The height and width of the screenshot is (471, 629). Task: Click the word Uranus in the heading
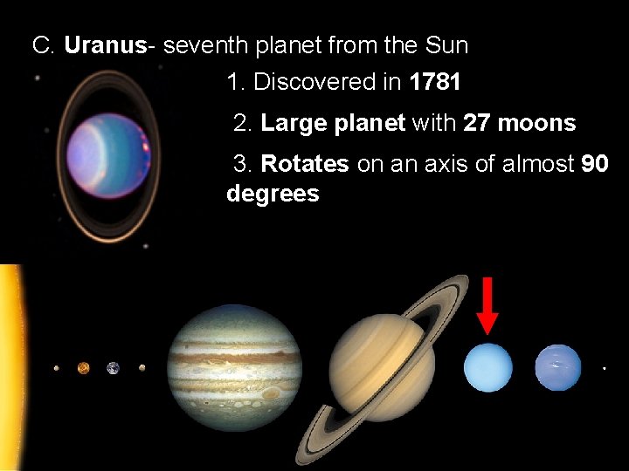tap(105, 45)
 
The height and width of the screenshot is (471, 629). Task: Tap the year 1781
tap(434, 83)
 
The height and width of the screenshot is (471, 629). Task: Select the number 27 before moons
tap(476, 123)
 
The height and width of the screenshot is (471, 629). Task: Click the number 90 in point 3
tap(594, 163)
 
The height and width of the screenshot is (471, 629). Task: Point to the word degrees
tap(273, 194)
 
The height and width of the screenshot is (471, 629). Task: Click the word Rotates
tap(305, 163)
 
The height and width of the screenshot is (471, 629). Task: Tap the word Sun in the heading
tap(447, 45)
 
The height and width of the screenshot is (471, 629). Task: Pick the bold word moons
tap(536, 123)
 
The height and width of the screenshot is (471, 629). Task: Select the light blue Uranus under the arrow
tap(487, 367)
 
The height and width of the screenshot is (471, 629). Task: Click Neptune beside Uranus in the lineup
tap(557, 367)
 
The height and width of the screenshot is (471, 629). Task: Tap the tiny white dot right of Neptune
tap(605, 369)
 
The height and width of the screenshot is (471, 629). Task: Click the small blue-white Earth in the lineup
tap(113, 368)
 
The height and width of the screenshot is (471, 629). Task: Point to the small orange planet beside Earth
tap(84, 368)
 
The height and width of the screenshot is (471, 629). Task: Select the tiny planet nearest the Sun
tap(56, 368)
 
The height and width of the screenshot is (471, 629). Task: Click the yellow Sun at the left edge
tap(10, 366)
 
